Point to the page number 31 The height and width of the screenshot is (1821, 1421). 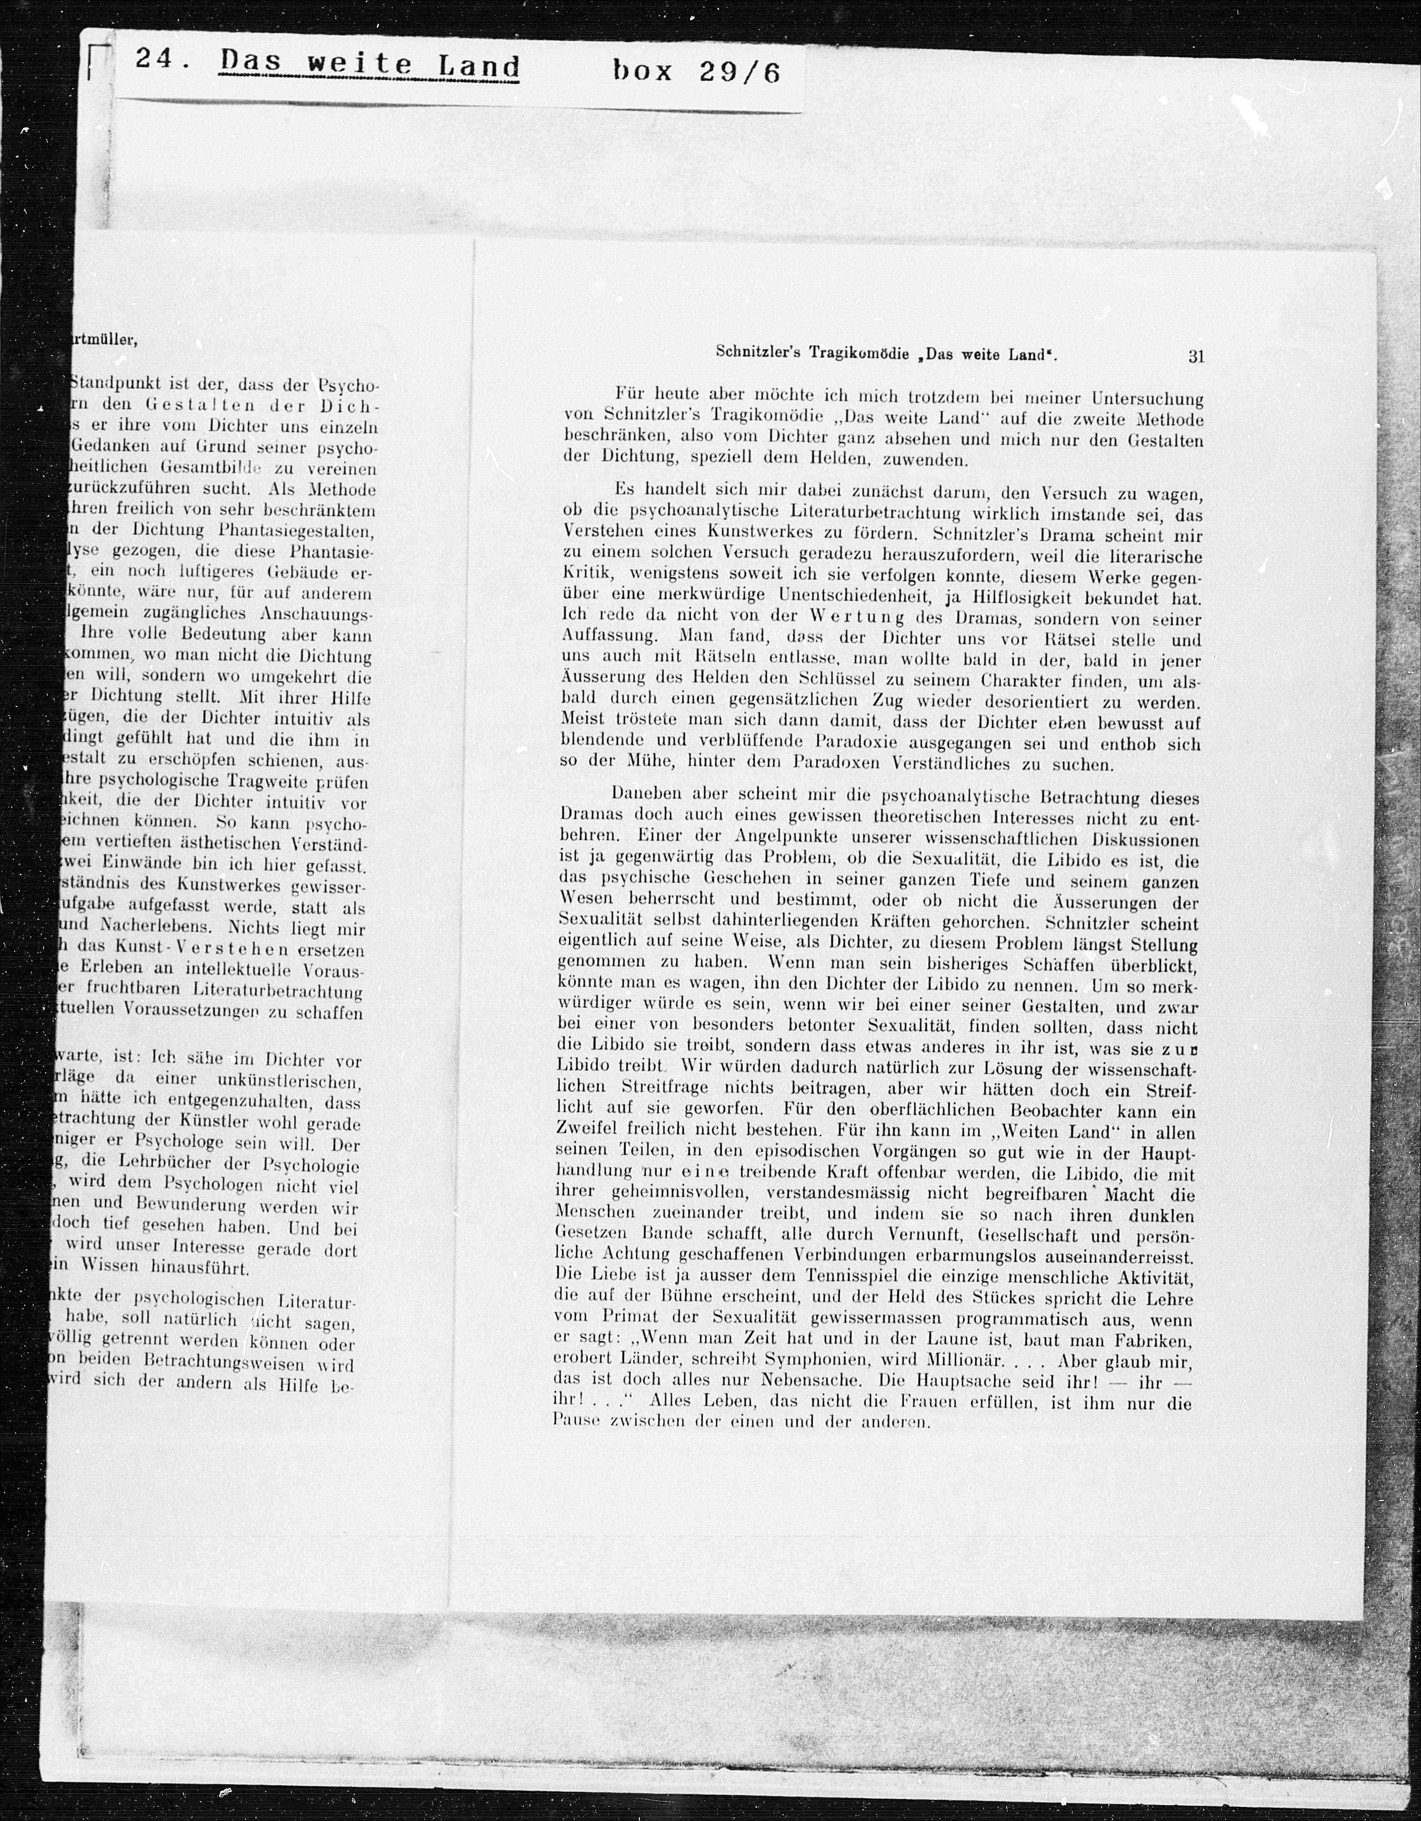[1196, 356]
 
